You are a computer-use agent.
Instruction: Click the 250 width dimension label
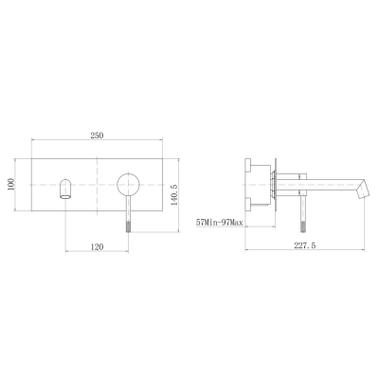(x=97, y=135)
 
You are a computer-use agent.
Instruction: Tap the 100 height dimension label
(x=11, y=184)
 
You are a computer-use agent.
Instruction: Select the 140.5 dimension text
(x=174, y=195)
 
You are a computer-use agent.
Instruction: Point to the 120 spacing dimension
(x=97, y=246)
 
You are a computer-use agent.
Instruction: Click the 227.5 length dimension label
(x=305, y=245)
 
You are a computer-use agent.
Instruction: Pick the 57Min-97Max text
(x=220, y=223)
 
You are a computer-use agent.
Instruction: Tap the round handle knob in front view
(x=128, y=184)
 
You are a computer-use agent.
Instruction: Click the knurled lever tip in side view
(x=303, y=226)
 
